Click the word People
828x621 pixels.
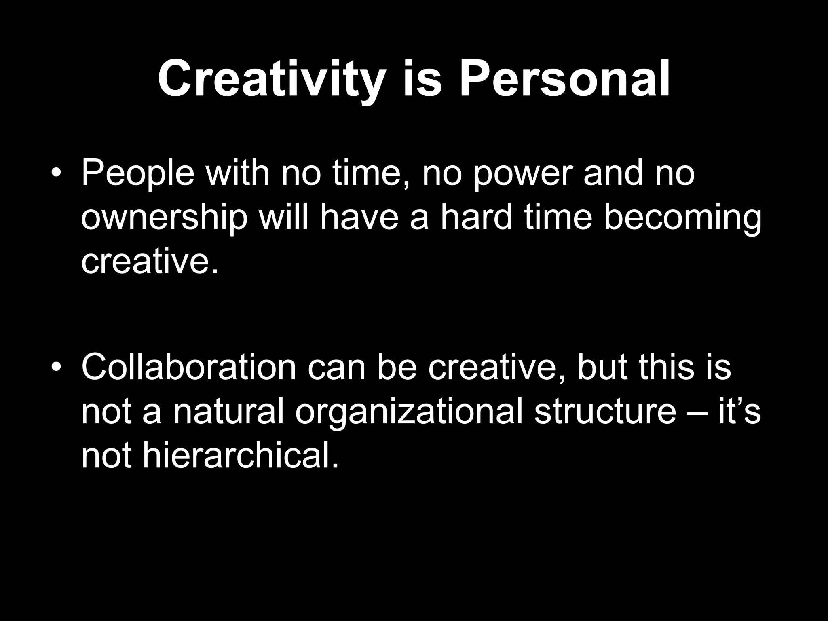(138, 173)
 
